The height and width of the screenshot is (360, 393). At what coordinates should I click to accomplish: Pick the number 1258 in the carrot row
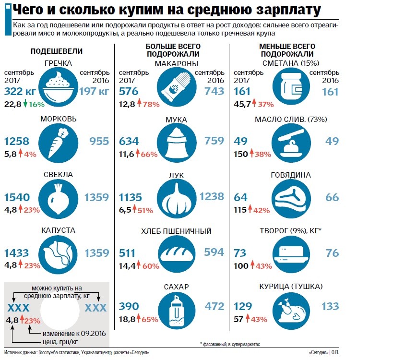pyautogui.click(x=17, y=141)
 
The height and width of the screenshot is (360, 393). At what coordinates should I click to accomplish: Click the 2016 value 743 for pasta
pyautogui.click(x=214, y=91)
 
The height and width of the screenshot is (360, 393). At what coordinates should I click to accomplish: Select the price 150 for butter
pyautogui.click(x=241, y=154)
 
